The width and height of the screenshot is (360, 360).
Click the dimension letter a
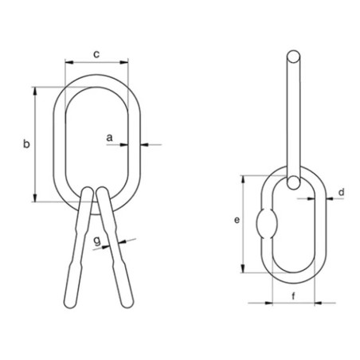point(112,138)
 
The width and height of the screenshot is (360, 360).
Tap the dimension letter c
point(96,54)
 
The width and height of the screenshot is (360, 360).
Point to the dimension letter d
point(340,192)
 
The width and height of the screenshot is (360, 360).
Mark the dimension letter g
point(96,239)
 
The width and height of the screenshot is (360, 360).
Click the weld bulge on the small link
point(265,224)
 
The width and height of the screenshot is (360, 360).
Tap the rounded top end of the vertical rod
point(293,57)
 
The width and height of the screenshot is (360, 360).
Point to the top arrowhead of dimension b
point(35,89)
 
